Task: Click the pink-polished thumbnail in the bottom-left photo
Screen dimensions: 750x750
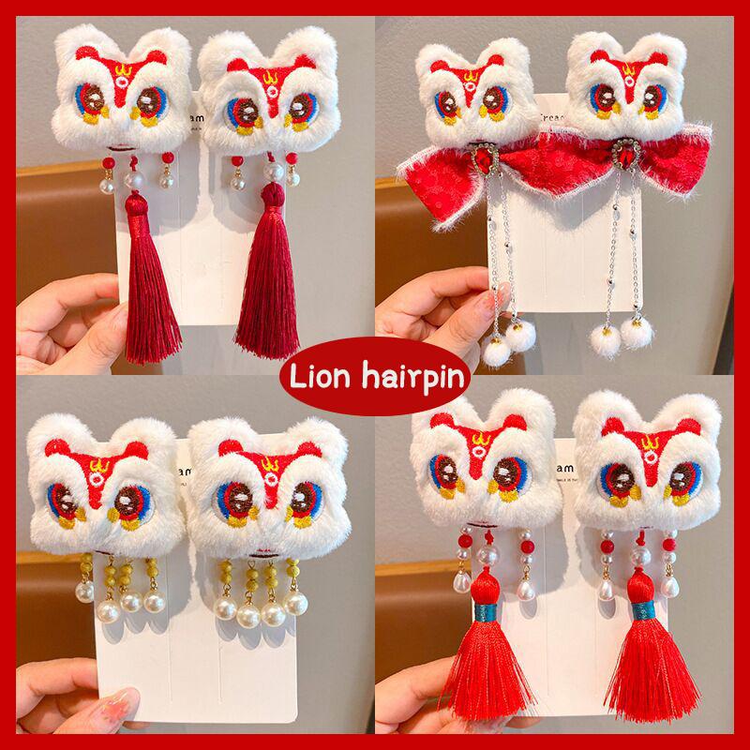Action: pos(112,698)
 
